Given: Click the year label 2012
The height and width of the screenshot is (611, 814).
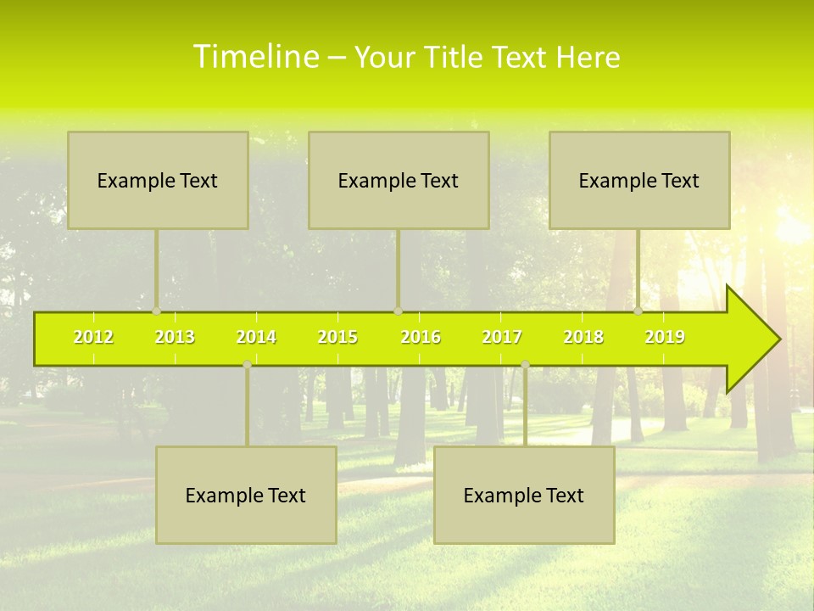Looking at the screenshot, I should [x=93, y=337].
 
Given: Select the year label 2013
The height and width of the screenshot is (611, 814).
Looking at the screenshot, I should [x=175, y=337].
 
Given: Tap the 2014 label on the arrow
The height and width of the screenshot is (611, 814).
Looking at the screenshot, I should [x=256, y=337].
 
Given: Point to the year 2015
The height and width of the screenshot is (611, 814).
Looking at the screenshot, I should [x=337, y=337].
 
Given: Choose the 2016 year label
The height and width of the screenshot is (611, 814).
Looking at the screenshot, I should [x=421, y=337].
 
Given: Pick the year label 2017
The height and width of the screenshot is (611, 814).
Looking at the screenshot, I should [x=502, y=337].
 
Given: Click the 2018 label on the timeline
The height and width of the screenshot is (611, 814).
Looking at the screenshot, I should [x=583, y=337].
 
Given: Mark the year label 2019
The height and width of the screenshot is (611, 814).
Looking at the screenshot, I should [x=665, y=337].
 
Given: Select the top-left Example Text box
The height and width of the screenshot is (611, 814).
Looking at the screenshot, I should [x=158, y=180].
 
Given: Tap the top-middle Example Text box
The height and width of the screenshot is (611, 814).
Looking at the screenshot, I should [x=399, y=180].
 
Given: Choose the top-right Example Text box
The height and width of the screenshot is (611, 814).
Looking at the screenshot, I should [x=639, y=180].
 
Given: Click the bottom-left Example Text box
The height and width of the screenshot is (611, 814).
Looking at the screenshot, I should [x=246, y=495].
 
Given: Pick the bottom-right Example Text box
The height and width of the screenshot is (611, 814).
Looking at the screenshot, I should [x=524, y=495].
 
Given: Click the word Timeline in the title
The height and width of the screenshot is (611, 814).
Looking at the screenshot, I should [x=255, y=57].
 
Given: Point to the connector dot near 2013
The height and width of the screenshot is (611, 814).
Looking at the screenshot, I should [x=156, y=311].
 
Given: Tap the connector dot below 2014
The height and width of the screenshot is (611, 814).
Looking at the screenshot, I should [x=247, y=364].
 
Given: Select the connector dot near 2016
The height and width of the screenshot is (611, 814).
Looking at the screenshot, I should [x=398, y=311].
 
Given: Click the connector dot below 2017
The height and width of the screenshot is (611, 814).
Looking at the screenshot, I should [x=525, y=364].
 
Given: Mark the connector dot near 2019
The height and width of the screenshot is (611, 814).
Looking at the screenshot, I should [x=638, y=311].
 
